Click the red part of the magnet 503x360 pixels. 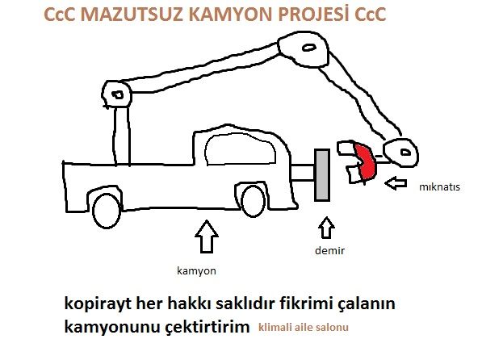pyautogui.click(x=365, y=161)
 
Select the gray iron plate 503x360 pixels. pyautogui.click(x=322, y=175)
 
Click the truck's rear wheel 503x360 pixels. pyautogui.click(x=107, y=211)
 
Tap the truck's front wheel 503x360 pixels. pyautogui.click(x=253, y=201)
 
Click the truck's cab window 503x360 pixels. pyautogui.click(x=241, y=149)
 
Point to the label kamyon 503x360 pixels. pyautogui.click(x=196, y=271)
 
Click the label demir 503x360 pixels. pyautogui.click(x=329, y=250)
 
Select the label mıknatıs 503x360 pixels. pyautogui.click(x=439, y=187)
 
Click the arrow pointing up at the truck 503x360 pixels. pyautogui.click(x=207, y=237)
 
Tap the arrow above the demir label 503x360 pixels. pyautogui.click(x=326, y=228)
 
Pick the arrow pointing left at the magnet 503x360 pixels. pyautogui.click(x=396, y=183)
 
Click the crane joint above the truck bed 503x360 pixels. pyautogui.click(x=117, y=94)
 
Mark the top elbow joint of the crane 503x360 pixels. pyautogui.click(x=303, y=48)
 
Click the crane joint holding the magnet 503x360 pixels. pyautogui.click(x=401, y=153)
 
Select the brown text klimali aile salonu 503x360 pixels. pyautogui.click(x=303, y=328)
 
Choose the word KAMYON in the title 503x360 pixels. pyautogui.click(x=230, y=15)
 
